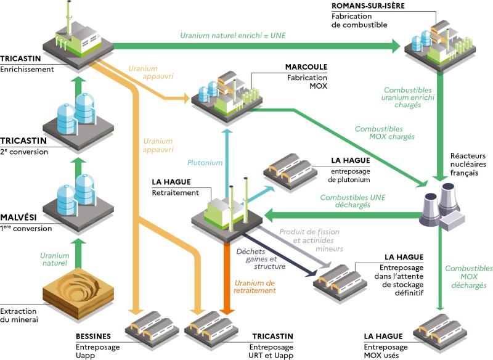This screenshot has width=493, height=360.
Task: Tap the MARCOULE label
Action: click(306, 67)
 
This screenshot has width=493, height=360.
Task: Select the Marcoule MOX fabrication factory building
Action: click(219, 92)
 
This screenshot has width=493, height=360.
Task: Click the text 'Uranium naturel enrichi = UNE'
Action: click(234, 36)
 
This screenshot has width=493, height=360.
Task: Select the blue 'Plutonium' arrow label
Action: click(205, 163)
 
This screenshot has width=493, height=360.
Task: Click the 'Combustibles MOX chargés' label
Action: click(385, 133)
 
